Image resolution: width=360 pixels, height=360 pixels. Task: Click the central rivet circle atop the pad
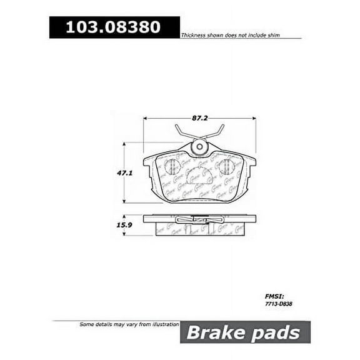coord(199,148)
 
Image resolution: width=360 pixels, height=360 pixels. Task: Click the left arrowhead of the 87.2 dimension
coord(146,117)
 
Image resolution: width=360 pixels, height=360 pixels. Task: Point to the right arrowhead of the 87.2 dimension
coord(253,117)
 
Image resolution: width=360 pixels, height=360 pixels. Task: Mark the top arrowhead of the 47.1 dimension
coord(124,144)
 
